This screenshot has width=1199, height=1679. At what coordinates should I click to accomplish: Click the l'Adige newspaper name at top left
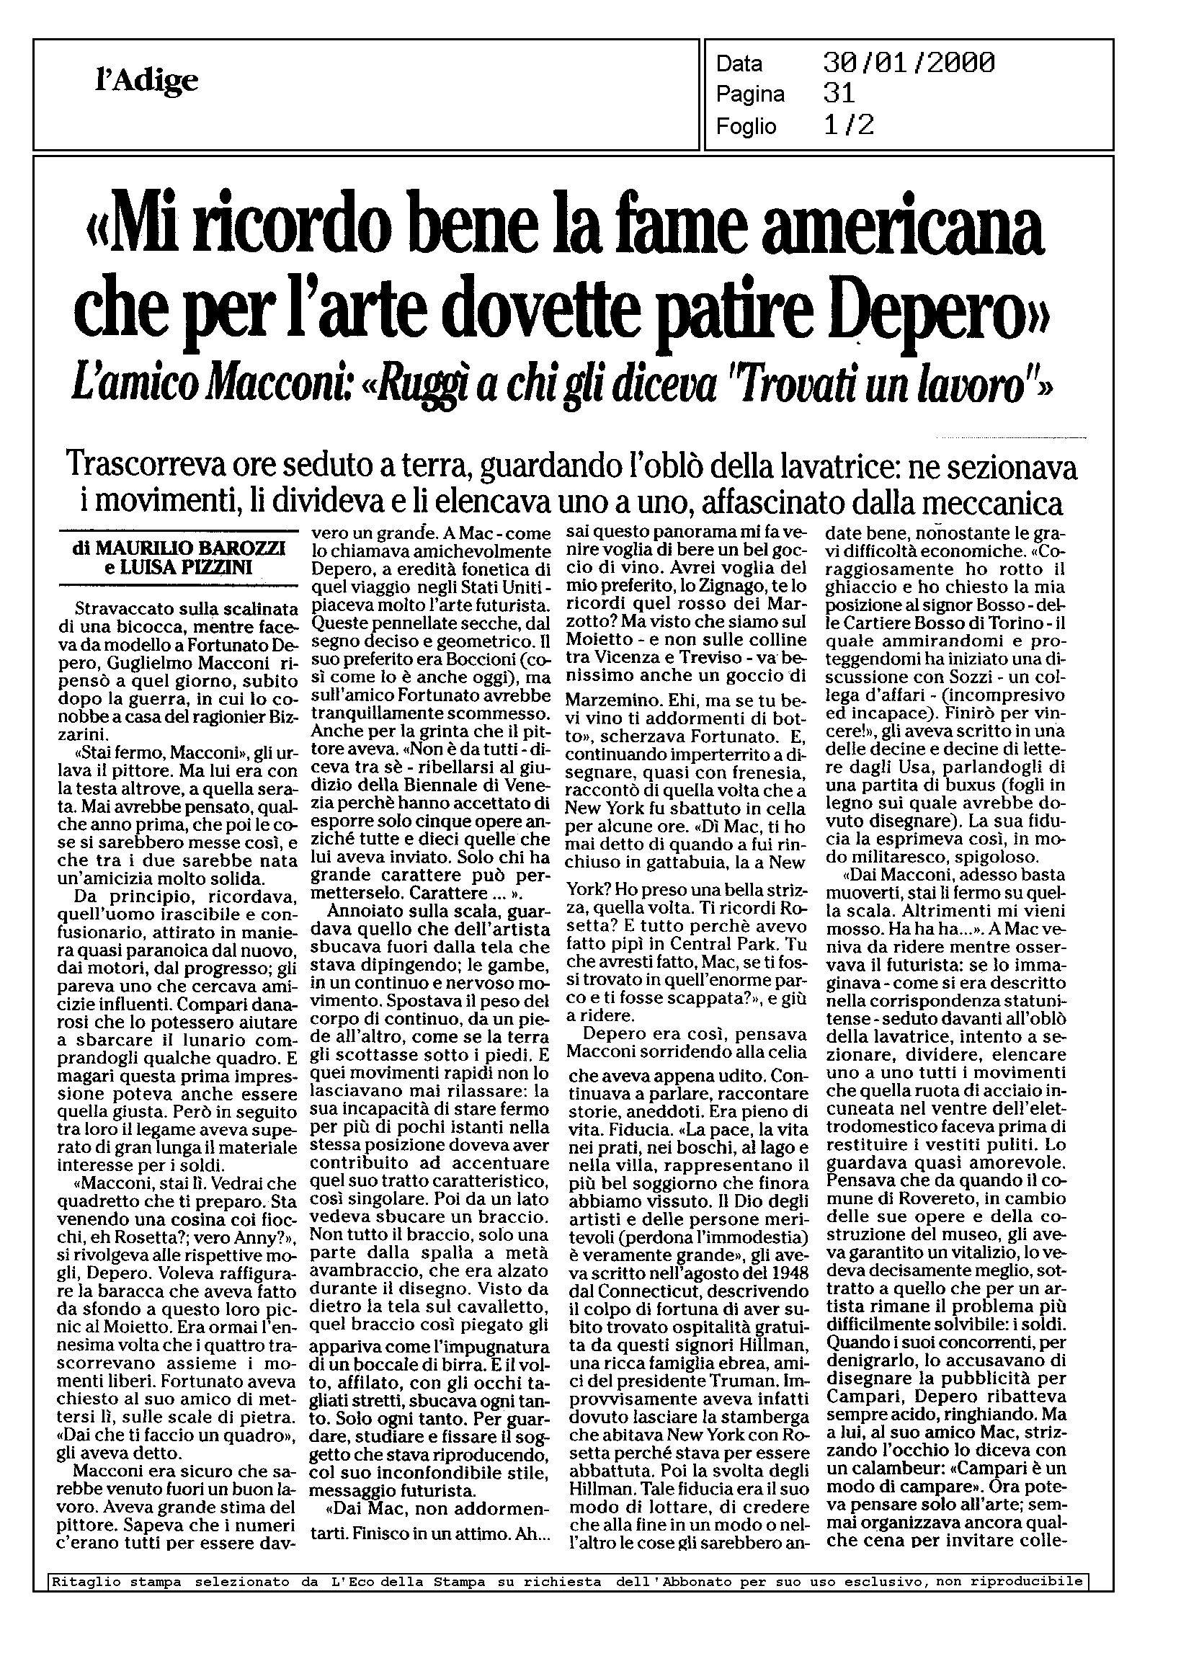point(147,80)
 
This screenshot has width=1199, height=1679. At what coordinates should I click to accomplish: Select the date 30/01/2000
point(908,63)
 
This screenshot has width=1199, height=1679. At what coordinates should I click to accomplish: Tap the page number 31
point(839,94)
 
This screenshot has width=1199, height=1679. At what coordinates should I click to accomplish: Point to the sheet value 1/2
point(848,125)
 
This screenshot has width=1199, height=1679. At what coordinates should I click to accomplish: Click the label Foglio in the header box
point(746,126)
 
